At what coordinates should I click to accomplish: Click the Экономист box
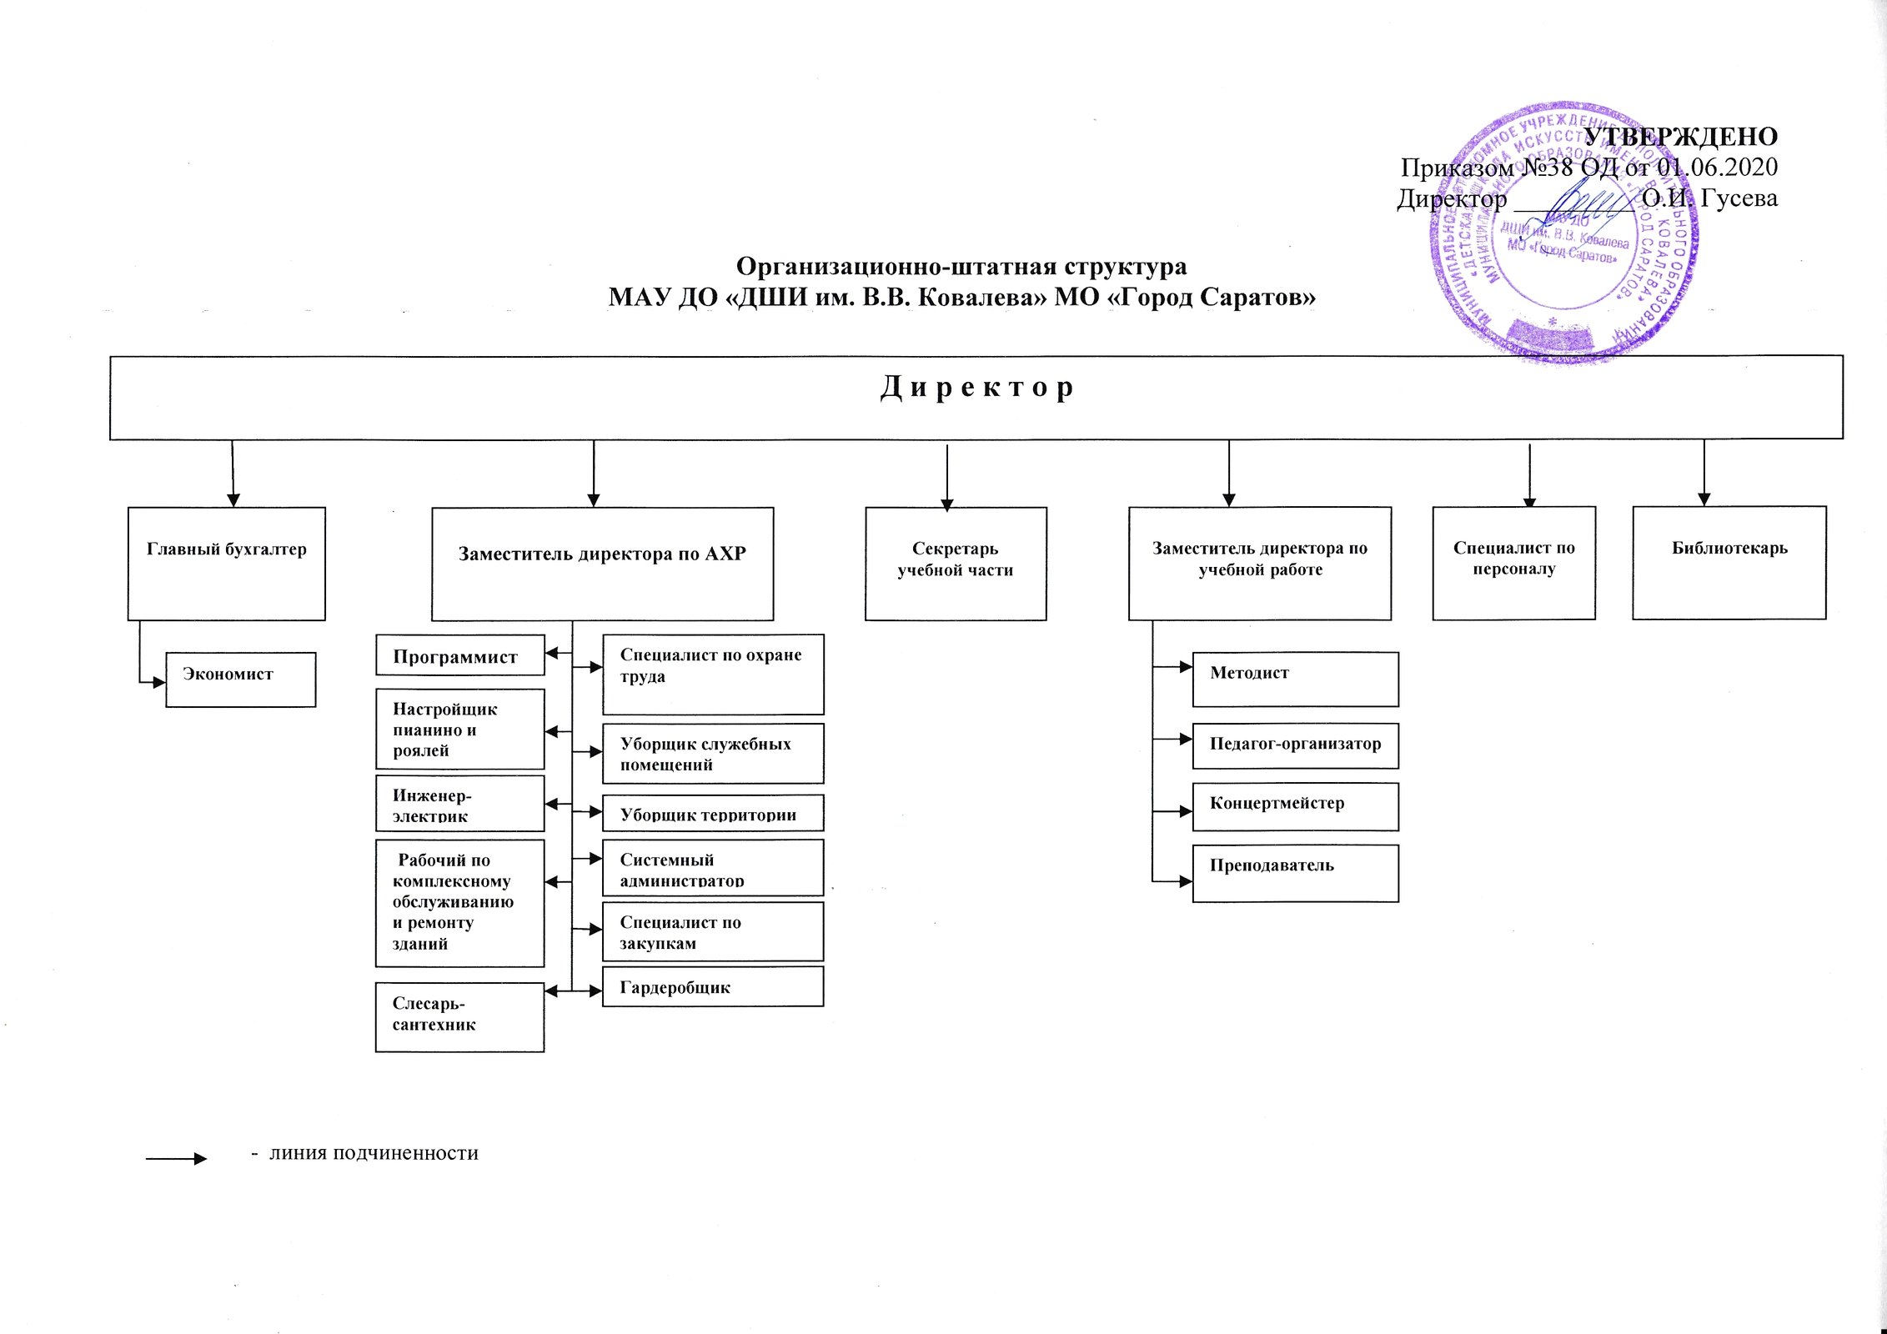click(240, 680)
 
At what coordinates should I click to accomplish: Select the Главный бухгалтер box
click(226, 564)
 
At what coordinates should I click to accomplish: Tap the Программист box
click(459, 655)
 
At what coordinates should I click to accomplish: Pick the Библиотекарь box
click(1729, 563)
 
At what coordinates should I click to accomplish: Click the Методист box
click(1295, 680)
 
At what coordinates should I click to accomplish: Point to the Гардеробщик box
click(712, 986)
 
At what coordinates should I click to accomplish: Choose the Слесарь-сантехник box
click(459, 1017)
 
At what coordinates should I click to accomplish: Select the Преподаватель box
click(1295, 873)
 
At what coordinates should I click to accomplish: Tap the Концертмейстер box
click(1295, 806)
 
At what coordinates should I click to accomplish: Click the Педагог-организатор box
click(1295, 745)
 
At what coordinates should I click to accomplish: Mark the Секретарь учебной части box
click(956, 564)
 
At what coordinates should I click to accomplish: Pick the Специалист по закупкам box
click(712, 931)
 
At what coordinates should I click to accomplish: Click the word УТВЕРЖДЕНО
click(1679, 137)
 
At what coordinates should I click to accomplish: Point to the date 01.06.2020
click(1716, 168)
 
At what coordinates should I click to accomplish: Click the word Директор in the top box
click(976, 389)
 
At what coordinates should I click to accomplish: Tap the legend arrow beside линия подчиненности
click(176, 1159)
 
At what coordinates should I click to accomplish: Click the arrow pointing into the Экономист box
click(155, 683)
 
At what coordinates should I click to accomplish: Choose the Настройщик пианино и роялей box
click(459, 729)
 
